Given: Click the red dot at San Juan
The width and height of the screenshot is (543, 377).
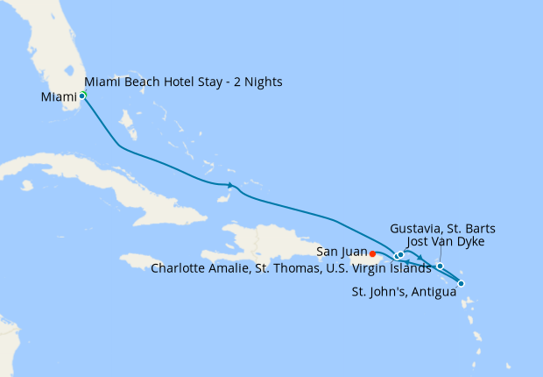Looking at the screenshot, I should point(373,253).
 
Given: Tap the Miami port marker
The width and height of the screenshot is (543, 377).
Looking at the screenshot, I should point(82,96).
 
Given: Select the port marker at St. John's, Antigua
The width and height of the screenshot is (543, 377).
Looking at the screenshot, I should point(461,283).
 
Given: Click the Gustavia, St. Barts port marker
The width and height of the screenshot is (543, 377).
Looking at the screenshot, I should point(440,266).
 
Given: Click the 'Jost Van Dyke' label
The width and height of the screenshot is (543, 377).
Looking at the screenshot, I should point(446,241).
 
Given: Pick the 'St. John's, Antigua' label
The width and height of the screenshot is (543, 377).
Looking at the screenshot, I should point(404,291).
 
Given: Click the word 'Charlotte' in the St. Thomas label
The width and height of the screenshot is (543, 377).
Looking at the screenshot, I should point(177,268).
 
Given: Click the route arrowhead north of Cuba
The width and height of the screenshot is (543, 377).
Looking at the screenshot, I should point(230,185).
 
